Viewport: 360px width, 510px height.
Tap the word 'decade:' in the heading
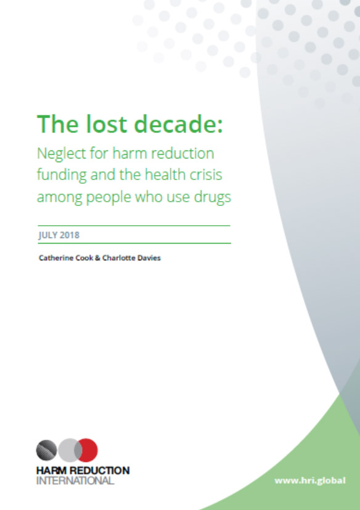point(179,124)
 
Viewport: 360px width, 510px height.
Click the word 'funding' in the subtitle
point(62,176)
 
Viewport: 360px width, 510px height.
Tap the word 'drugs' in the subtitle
point(212,198)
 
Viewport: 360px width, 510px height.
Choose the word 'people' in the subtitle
point(108,198)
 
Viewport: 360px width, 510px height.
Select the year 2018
point(70,235)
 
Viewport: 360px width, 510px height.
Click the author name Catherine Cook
point(66,258)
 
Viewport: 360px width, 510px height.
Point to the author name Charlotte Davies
point(131,258)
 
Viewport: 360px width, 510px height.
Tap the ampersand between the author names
point(97,258)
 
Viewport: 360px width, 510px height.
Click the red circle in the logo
point(87,450)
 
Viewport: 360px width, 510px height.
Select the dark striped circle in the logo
point(46,450)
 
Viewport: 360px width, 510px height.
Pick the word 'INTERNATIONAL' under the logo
point(75,480)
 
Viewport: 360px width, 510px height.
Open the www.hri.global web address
point(310,480)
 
